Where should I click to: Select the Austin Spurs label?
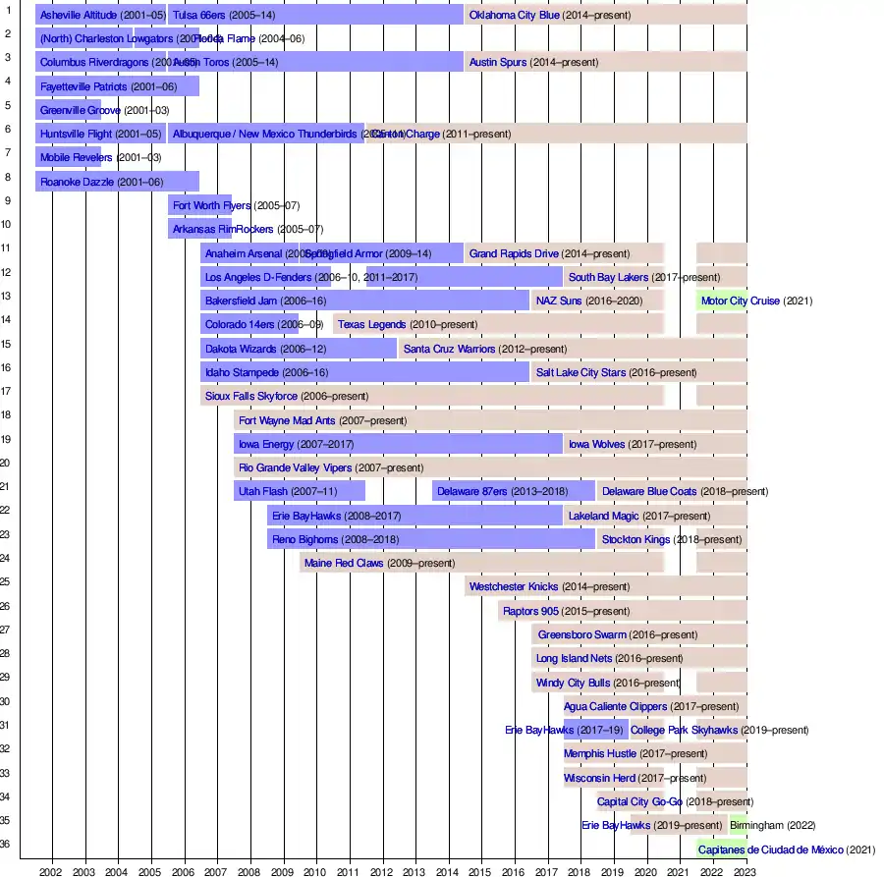pyautogui.click(x=498, y=63)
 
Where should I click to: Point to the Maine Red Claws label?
pyautogui.click(x=344, y=564)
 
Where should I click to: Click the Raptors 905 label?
pyautogui.click(x=530, y=611)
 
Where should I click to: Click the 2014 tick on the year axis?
pyautogui.click(x=447, y=870)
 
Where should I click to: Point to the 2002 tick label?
pyautogui.click(x=51, y=870)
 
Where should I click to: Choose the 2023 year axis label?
pyautogui.click(x=745, y=870)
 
